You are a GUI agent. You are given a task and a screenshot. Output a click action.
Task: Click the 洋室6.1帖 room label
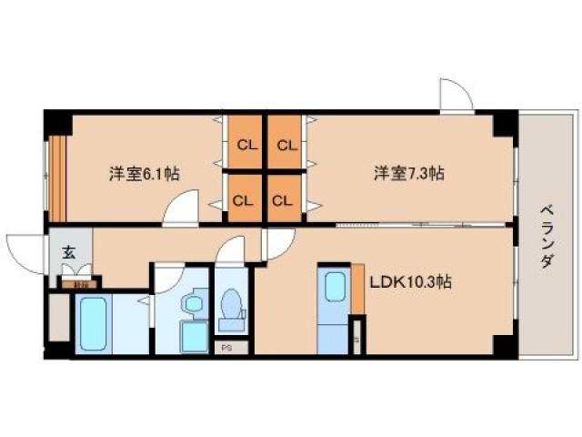tap(144, 173)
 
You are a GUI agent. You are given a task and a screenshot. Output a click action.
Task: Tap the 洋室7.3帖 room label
tap(408, 173)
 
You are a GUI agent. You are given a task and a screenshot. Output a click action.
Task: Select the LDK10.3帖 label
tap(410, 282)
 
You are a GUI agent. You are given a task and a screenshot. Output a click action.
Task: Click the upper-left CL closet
tap(246, 144)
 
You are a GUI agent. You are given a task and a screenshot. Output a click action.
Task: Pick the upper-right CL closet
tap(286, 144)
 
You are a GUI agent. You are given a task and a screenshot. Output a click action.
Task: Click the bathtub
tap(92, 322)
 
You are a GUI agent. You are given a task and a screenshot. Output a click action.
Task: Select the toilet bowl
tap(233, 306)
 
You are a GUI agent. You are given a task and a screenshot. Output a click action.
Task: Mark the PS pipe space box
tap(225, 347)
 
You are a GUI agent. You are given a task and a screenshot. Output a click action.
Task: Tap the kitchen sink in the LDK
tap(335, 288)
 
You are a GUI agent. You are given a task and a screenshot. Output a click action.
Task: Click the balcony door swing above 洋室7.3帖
tap(455, 96)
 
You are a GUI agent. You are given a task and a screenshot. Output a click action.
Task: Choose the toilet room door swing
tap(231, 249)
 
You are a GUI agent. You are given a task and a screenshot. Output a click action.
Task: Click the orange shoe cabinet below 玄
tap(81, 283)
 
